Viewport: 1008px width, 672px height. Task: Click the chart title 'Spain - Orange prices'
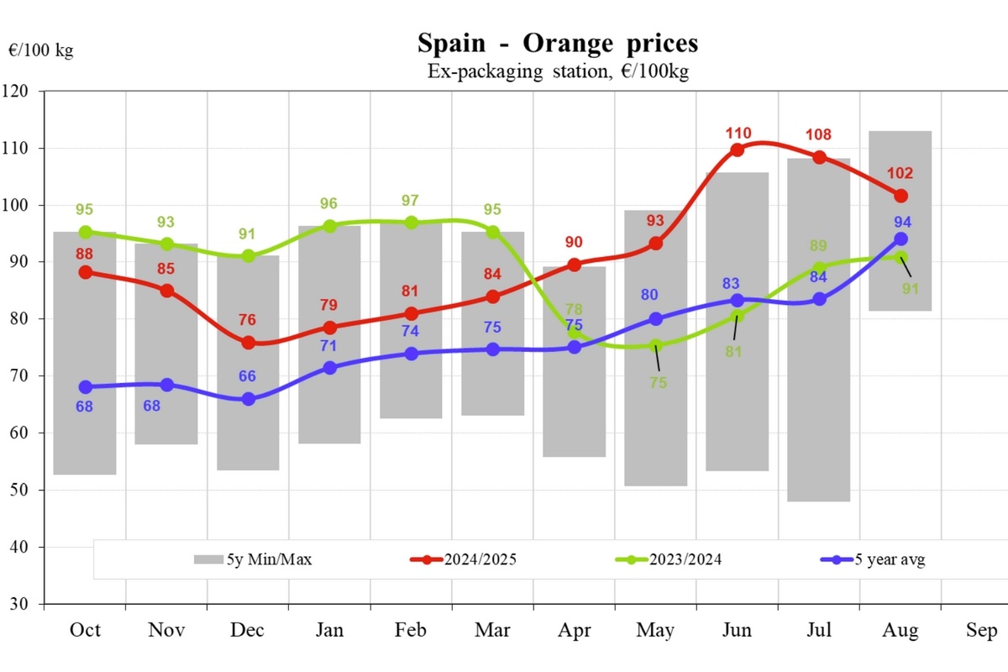click(557, 43)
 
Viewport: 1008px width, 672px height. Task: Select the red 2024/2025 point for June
click(737, 150)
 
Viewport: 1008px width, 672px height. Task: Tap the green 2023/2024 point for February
click(411, 223)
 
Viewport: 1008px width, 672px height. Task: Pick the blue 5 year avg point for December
click(249, 399)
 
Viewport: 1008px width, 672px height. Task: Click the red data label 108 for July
click(819, 134)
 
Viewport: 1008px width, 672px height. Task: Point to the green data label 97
click(411, 201)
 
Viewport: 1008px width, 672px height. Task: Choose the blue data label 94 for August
click(901, 223)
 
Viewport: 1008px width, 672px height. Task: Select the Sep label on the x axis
click(982, 631)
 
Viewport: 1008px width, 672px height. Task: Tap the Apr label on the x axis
click(575, 631)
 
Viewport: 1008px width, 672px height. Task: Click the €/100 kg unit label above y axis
click(41, 50)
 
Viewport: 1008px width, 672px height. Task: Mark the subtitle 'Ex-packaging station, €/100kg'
click(557, 72)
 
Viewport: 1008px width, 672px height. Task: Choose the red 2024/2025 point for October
click(85, 272)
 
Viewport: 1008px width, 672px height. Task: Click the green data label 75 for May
click(658, 382)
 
